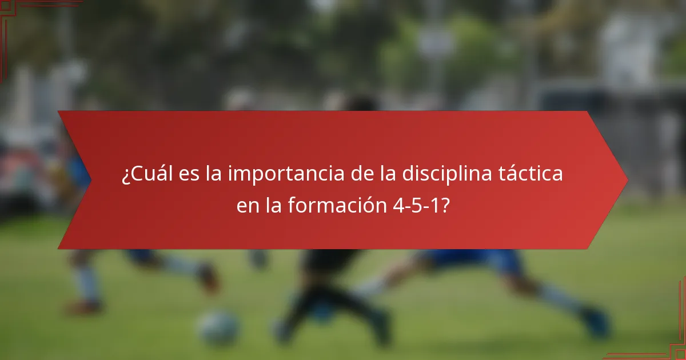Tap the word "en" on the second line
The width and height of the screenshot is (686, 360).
coord(248,206)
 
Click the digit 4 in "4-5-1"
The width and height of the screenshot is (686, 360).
coord(398,206)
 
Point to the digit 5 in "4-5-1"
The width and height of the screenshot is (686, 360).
coord(417,206)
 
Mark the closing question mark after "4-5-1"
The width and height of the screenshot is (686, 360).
coord(444,206)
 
